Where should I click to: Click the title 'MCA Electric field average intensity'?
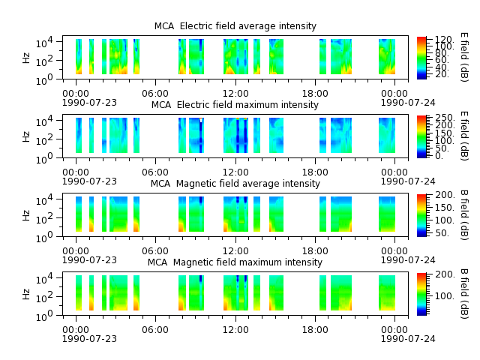pos(235,26)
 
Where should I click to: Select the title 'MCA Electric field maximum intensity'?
pos(235,105)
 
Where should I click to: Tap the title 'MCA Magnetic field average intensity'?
pos(235,183)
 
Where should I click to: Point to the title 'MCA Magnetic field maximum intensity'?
pos(235,262)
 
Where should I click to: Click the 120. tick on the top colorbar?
pos(444,40)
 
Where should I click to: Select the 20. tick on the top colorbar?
pos(442,74)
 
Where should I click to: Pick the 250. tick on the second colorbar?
pos(445,118)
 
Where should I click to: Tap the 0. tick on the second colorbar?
pos(439,155)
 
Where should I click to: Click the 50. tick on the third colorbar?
pos(442,233)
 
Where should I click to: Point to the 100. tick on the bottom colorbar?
pos(445,296)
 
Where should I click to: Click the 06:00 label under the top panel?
pos(155,93)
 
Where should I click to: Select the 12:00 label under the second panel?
pos(235,172)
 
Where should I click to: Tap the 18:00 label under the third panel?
pos(315,251)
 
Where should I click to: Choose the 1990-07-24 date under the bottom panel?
pos(408,338)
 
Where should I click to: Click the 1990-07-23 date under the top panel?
pos(89,102)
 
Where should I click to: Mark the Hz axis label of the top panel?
pos(26,58)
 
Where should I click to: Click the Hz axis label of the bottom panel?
pos(26,294)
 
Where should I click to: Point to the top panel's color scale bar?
pos(421,58)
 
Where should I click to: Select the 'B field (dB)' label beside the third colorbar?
pos(464,215)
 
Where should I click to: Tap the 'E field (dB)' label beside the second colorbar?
pos(464,136)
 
